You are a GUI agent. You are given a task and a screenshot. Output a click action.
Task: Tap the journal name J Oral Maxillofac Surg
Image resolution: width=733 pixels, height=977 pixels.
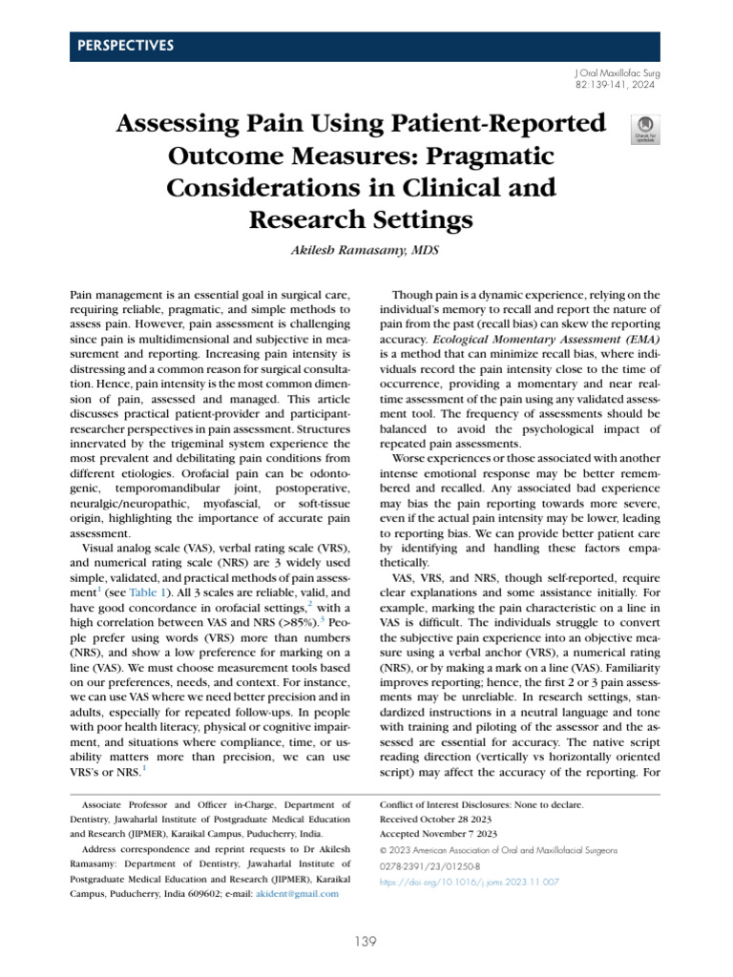[x=618, y=73]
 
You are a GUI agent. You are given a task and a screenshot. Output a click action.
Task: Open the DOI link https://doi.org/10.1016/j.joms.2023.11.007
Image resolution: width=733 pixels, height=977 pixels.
[x=469, y=883]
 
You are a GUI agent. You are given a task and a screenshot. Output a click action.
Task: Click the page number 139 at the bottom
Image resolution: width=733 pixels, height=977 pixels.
[x=366, y=942]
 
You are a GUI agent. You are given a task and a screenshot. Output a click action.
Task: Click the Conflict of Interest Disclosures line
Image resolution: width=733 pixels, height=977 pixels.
[x=481, y=805]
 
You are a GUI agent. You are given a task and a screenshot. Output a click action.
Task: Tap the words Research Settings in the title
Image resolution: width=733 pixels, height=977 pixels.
[x=361, y=219]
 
